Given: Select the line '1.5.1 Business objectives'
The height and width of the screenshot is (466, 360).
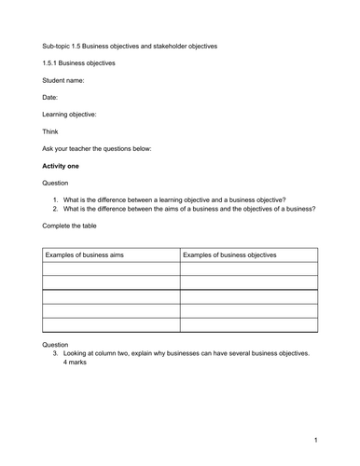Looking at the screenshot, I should [x=79, y=63].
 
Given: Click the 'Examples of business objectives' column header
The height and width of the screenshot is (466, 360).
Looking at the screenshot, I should [x=229, y=254].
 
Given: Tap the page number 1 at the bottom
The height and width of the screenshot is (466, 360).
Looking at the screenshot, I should [x=316, y=439].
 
